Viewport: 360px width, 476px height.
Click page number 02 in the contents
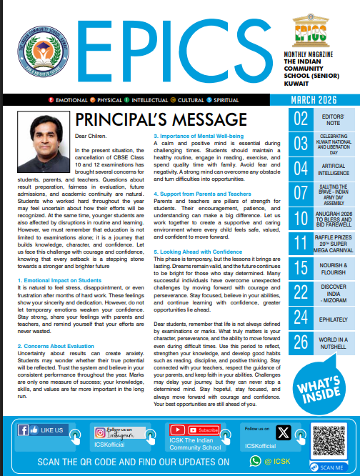[x=302, y=119]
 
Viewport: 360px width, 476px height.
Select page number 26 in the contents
[x=302, y=342]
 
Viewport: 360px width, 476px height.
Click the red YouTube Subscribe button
[x=207, y=430]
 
